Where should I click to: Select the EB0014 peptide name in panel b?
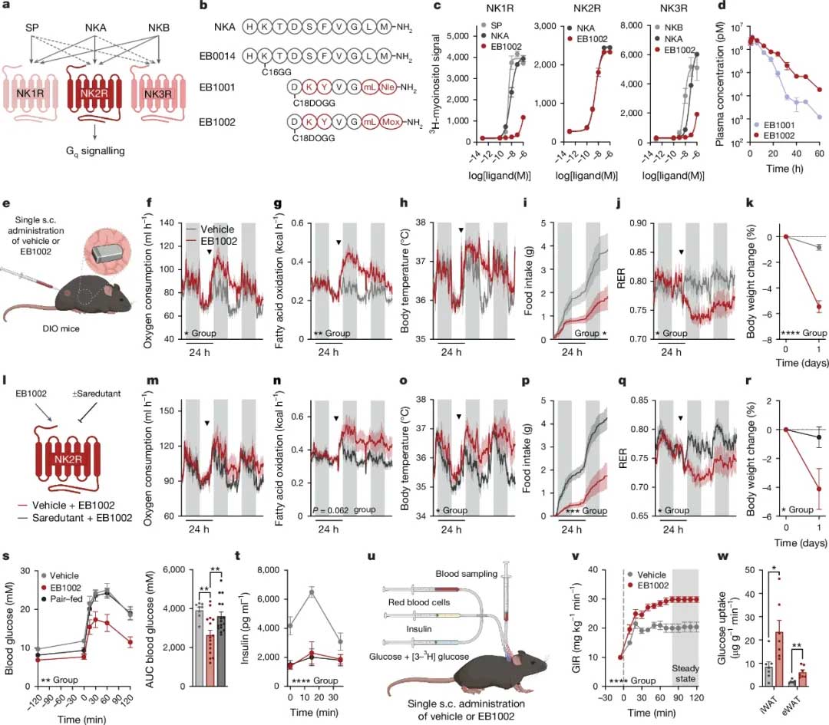point(213,54)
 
